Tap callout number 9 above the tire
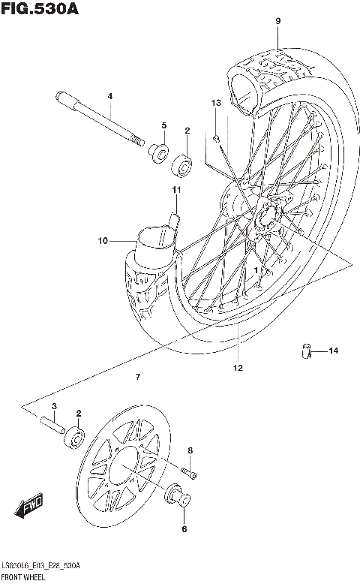point(277,21)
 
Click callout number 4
point(109,96)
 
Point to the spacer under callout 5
point(158,152)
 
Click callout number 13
point(216,102)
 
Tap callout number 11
point(177,190)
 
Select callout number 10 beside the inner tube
point(103,241)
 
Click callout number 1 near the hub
point(256,269)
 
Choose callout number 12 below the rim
point(238,368)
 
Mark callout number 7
point(137,375)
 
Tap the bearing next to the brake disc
point(75,436)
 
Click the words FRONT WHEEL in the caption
point(24,577)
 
